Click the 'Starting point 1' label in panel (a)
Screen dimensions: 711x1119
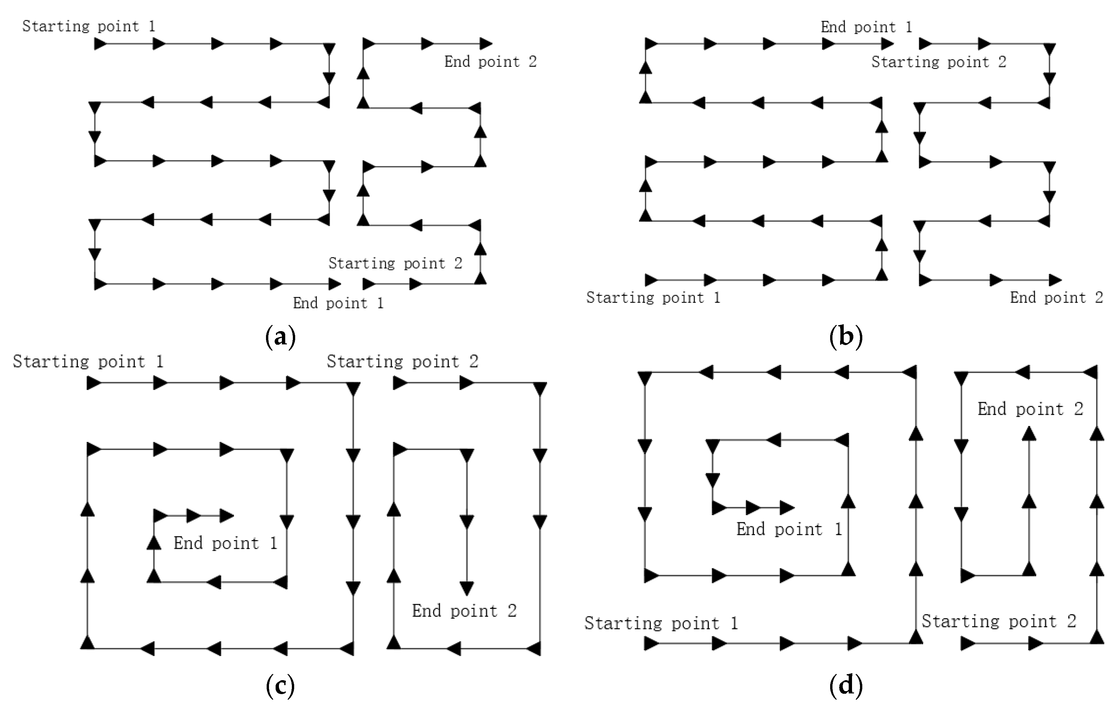click(x=89, y=26)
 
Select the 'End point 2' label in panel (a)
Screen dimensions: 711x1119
click(x=490, y=61)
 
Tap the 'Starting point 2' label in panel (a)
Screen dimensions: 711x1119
click(x=395, y=263)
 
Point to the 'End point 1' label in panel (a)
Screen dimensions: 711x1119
click(x=338, y=303)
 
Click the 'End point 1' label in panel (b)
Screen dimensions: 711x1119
click(x=866, y=27)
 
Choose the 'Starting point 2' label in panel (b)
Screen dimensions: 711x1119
click(x=939, y=62)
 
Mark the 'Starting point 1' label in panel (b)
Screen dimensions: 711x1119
click(x=653, y=298)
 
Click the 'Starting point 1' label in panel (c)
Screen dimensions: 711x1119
click(x=88, y=361)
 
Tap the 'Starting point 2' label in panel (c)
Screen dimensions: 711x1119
click(x=402, y=361)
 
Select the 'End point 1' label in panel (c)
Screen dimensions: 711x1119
click(x=226, y=543)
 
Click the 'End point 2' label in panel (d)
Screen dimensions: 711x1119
click(x=1030, y=409)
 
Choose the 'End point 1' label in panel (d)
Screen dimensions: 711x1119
click(x=789, y=529)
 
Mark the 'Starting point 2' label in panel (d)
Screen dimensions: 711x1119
click(x=999, y=621)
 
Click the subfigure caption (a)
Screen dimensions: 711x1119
click(x=280, y=336)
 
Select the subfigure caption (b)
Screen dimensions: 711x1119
click(x=846, y=336)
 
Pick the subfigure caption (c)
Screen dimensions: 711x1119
click(x=280, y=685)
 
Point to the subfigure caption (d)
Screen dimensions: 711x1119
click(x=846, y=685)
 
